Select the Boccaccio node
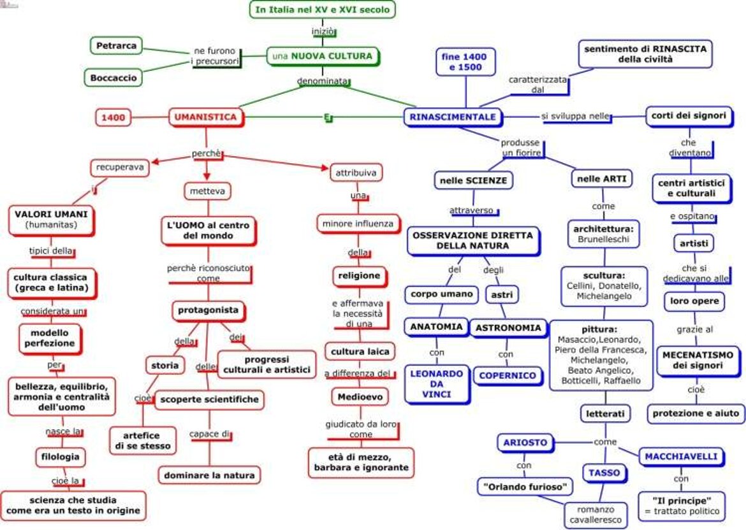click(x=113, y=77)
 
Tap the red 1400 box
click(x=113, y=117)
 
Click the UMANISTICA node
click(x=205, y=117)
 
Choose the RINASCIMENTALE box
click(x=452, y=117)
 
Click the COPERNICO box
click(x=508, y=375)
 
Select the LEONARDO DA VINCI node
click(x=436, y=383)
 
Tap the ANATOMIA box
click(x=436, y=327)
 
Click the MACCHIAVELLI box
click(x=681, y=457)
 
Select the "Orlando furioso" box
click(x=525, y=487)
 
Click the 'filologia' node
click(x=61, y=457)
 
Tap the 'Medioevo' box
click(x=360, y=397)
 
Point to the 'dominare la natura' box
click(x=209, y=475)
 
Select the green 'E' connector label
click(x=326, y=117)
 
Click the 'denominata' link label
click(x=323, y=82)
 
